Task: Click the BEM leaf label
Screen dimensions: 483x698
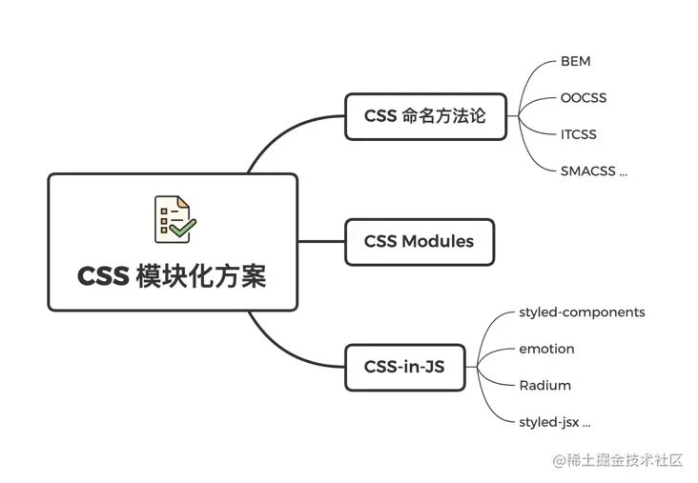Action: tap(575, 62)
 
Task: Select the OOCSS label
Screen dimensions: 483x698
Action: tap(583, 98)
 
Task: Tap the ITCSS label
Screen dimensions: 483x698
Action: tap(578, 134)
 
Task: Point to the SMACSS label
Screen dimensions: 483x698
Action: tap(593, 171)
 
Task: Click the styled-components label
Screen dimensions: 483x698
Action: tap(582, 312)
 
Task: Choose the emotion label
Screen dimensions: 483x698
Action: tap(546, 349)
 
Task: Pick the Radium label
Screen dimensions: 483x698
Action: tap(544, 385)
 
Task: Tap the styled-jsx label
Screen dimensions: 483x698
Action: tap(554, 421)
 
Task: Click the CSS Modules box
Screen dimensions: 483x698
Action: tap(420, 241)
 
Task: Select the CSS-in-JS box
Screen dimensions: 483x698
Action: tap(405, 366)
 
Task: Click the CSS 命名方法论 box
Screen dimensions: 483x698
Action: tap(425, 116)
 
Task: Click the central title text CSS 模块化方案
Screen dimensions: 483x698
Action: tap(172, 276)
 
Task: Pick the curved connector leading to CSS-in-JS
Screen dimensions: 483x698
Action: tap(277, 347)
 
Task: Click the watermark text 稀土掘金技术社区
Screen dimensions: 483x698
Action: tap(626, 460)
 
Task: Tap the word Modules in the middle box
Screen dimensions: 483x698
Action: tap(437, 241)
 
